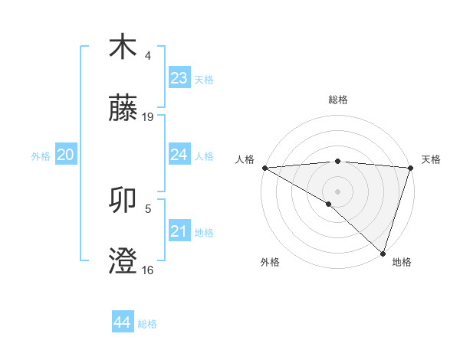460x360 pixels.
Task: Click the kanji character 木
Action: pyautogui.click(x=123, y=47)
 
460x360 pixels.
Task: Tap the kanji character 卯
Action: pyautogui.click(x=123, y=201)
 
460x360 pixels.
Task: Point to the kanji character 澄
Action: pyautogui.click(x=123, y=261)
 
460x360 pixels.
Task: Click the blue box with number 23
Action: pyautogui.click(x=179, y=77)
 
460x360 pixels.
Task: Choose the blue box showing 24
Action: pyautogui.click(x=179, y=155)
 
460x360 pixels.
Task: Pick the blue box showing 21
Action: pyautogui.click(x=179, y=231)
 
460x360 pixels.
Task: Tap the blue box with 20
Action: pyautogui.click(x=65, y=155)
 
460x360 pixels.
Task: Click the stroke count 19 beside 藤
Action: pyautogui.click(x=148, y=117)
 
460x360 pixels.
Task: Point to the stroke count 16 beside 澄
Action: pyautogui.click(x=148, y=270)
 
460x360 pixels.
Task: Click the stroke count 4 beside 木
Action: pyautogui.click(x=148, y=56)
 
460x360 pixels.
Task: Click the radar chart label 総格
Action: pyautogui.click(x=337, y=100)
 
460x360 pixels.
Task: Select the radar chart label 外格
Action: pyautogui.click(x=270, y=262)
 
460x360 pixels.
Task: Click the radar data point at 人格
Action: pyautogui.click(x=264, y=168)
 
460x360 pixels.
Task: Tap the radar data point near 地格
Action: pyautogui.click(x=383, y=254)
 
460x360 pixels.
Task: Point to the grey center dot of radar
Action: pyautogui.click(x=337, y=191)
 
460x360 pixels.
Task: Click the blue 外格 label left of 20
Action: pyautogui.click(x=41, y=155)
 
